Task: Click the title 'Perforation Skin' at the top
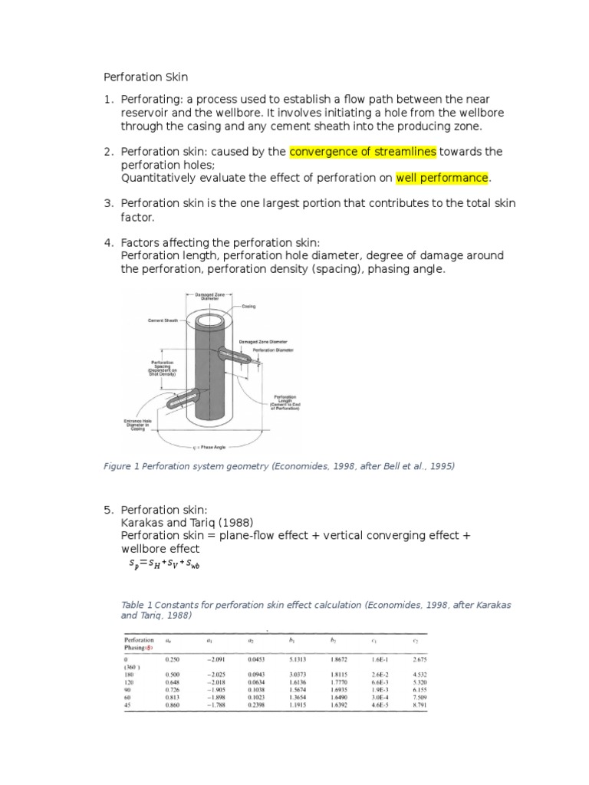(x=146, y=77)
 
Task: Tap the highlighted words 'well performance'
(x=442, y=178)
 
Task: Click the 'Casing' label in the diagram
(x=248, y=306)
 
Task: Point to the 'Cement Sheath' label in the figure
(x=163, y=320)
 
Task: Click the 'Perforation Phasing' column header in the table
(x=140, y=642)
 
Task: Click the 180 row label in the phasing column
(x=130, y=675)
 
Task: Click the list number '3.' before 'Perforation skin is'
(x=109, y=203)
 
